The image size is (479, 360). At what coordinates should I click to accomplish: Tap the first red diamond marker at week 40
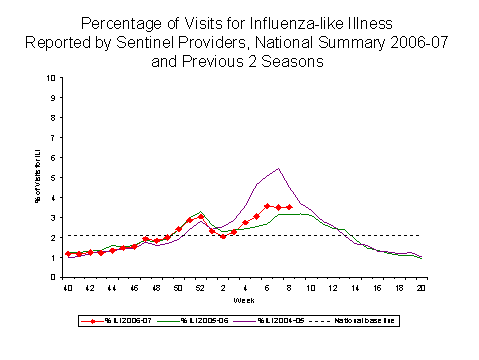pos(68,254)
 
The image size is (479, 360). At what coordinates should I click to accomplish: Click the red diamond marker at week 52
pos(201,216)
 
